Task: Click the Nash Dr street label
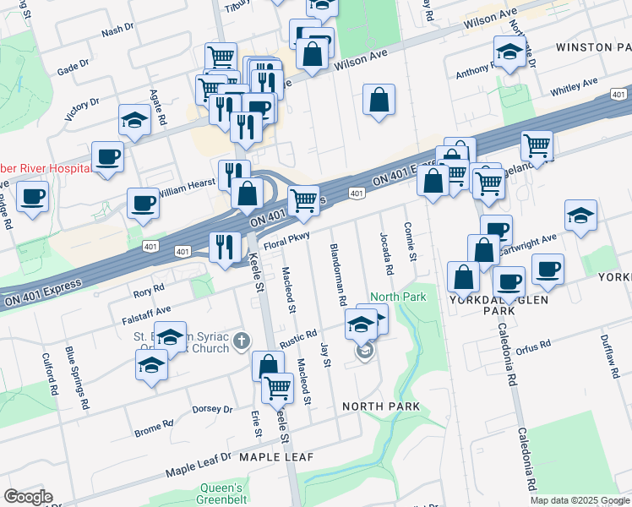tap(117, 30)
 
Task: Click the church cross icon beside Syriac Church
tap(242, 341)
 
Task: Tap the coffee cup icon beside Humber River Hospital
tap(107, 156)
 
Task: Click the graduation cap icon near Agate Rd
tap(133, 121)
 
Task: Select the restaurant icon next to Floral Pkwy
tap(225, 246)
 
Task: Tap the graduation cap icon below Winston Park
tap(509, 52)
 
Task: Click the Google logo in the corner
tap(27, 497)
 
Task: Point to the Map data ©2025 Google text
tap(580, 500)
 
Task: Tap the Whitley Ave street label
tap(574, 87)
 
